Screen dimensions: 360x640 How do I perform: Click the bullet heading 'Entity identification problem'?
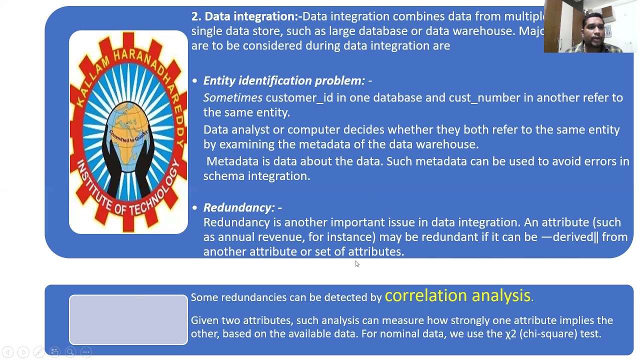(283, 80)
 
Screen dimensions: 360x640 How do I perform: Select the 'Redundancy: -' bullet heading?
(242, 207)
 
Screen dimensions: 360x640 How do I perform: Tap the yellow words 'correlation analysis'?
(457, 295)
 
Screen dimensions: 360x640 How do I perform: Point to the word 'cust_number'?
(477, 97)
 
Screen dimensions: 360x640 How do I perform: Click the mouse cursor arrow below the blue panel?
(356, 263)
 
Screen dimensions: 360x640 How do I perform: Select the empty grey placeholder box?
(128, 319)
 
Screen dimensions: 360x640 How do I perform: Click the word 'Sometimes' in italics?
(232, 97)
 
